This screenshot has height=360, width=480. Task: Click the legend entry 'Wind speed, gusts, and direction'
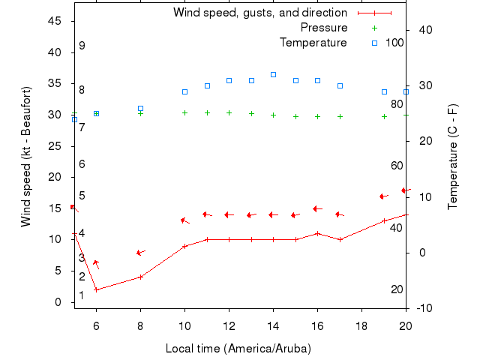(260, 13)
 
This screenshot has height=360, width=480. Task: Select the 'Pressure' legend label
(324, 28)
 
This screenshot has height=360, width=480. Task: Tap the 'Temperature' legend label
(313, 43)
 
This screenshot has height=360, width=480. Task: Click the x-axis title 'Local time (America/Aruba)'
(238, 349)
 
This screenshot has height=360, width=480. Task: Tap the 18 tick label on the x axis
(361, 325)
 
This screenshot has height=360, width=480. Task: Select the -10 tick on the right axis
(425, 308)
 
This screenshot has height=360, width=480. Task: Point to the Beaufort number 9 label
(82, 46)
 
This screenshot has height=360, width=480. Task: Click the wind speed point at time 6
(96, 289)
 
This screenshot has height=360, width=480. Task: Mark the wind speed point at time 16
(317, 233)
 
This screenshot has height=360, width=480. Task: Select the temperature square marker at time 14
(273, 75)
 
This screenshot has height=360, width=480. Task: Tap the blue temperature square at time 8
(140, 109)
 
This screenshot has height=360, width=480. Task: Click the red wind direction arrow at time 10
(185, 220)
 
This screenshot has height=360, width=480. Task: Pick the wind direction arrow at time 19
(384, 196)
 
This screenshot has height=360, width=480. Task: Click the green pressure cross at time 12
(229, 112)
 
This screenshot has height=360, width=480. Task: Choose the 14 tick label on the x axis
(273, 325)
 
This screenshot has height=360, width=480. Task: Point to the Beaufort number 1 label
(82, 295)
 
